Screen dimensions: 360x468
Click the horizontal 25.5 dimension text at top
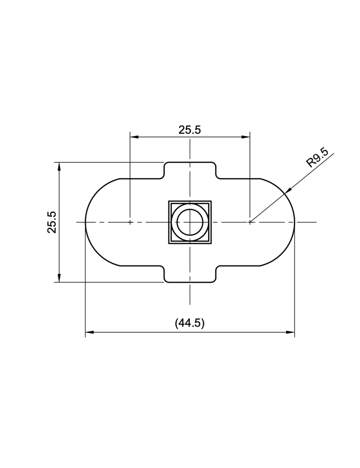click(x=190, y=130)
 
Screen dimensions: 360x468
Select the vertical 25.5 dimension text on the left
click(x=52, y=222)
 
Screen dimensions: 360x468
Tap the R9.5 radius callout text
click(x=317, y=157)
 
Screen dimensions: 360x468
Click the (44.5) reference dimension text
click(x=190, y=323)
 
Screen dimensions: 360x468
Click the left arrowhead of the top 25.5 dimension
click(x=134, y=137)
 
